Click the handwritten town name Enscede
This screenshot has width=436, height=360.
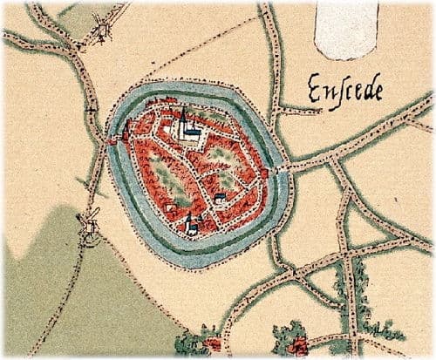pyautogui.click(x=344, y=89)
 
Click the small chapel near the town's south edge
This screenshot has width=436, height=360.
pyautogui.click(x=190, y=225)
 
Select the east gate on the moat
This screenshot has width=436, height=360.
pyautogui.click(x=265, y=174)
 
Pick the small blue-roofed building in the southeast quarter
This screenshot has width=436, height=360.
pyautogui.click(x=220, y=199)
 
